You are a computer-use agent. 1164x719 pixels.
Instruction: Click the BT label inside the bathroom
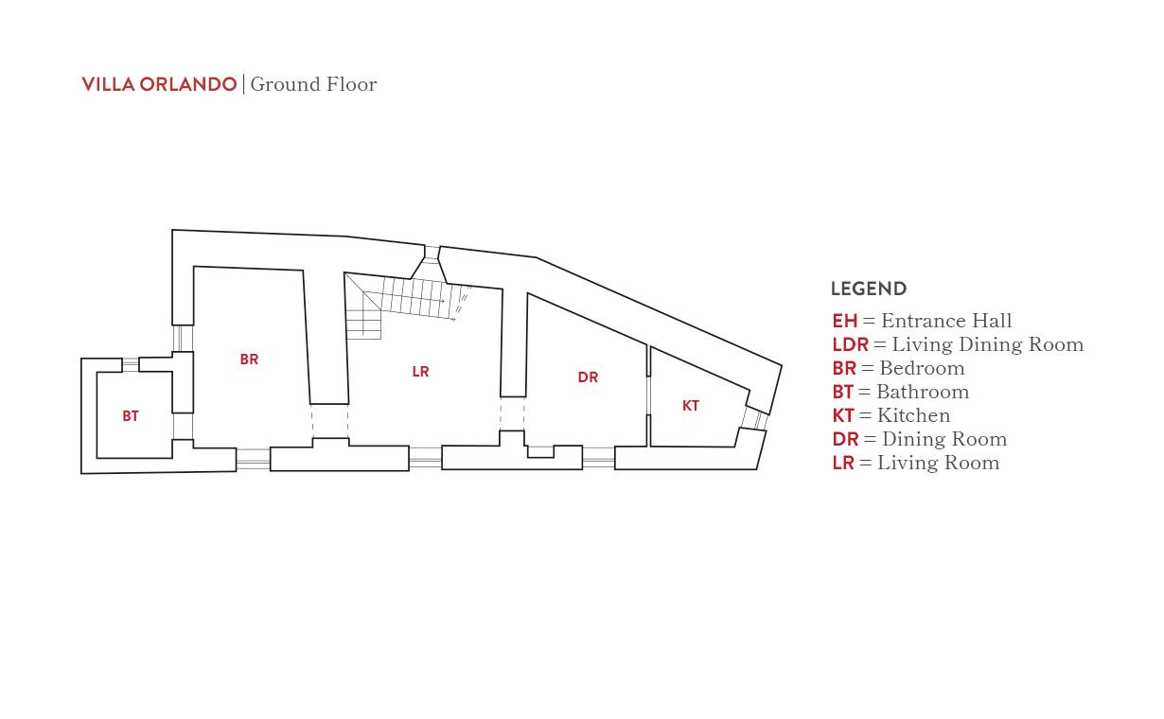pos(131,416)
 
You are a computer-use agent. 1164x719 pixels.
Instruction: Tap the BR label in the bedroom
pos(250,359)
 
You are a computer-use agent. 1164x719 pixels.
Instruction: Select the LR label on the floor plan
pos(420,372)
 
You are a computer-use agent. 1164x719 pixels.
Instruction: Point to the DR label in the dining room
pos(588,377)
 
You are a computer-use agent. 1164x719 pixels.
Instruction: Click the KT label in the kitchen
pos(691,406)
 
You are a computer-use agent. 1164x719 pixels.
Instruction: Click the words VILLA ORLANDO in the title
pos(159,84)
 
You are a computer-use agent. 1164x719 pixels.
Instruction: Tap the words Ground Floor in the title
pos(313,84)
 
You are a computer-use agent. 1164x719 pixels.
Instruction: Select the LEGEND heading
pos(869,289)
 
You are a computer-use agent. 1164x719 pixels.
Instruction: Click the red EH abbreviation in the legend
pos(844,321)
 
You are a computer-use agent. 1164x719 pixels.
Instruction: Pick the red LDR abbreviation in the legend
pos(850,345)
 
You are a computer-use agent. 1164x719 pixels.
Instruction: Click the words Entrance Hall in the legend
pos(946,321)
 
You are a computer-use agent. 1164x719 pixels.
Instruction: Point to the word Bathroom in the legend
pos(923,392)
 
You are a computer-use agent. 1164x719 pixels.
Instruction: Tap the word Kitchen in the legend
pos(913,415)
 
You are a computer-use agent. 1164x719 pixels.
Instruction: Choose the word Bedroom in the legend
pos(922,368)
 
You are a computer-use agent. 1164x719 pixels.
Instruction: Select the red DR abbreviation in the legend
pos(845,440)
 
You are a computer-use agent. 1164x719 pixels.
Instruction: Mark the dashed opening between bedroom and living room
pos(330,421)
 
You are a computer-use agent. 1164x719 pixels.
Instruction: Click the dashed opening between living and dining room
pos(512,414)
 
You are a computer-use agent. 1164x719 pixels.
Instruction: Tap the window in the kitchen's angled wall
pos(754,419)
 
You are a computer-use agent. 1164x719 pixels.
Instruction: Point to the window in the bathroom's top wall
pos(131,364)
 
